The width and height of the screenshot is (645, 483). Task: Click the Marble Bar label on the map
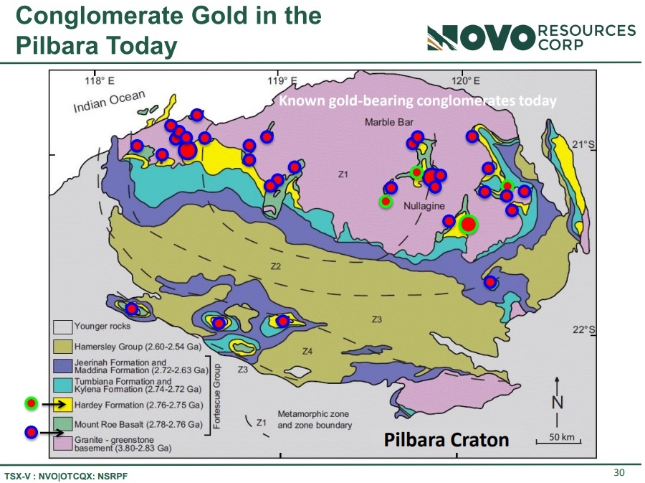[x=388, y=122]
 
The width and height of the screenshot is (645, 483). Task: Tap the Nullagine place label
[x=424, y=206]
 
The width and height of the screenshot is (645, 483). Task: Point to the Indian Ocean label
[x=109, y=101]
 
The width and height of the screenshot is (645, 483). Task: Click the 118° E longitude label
[x=100, y=80]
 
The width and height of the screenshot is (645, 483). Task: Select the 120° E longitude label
[x=466, y=80]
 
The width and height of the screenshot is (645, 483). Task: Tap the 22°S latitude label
[x=583, y=330]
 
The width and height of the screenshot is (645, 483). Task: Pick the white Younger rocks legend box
[x=63, y=327]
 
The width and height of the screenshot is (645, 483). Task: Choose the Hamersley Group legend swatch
[x=63, y=347]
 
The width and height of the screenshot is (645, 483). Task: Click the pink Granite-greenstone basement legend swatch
[x=63, y=444]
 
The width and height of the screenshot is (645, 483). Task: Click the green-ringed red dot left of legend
[x=32, y=403]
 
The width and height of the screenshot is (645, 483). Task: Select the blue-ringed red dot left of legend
[x=32, y=432]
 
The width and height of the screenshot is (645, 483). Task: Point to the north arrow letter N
[x=557, y=401]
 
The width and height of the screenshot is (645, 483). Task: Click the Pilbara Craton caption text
[x=446, y=440]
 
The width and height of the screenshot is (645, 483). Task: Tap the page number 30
[x=619, y=472]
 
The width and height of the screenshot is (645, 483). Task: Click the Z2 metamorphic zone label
[x=276, y=266]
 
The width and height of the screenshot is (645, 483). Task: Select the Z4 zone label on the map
[x=307, y=351]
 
